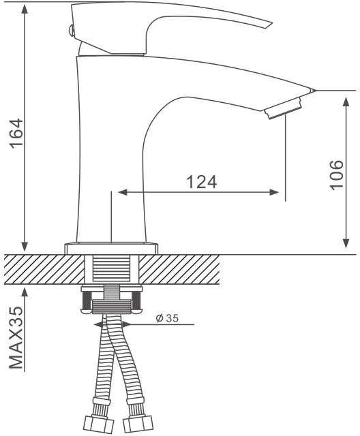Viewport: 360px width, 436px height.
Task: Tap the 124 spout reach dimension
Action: (x=201, y=182)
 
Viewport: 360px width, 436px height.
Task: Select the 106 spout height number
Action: (x=337, y=175)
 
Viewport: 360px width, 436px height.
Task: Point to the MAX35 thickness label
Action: (x=16, y=338)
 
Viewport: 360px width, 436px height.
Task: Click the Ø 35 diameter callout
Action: (x=167, y=318)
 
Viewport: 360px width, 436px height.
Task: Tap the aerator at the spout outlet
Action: (x=283, y=108)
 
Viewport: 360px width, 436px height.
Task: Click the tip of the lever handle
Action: (x=271, y=22)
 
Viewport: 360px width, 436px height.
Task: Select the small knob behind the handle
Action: (x=71, y=30)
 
